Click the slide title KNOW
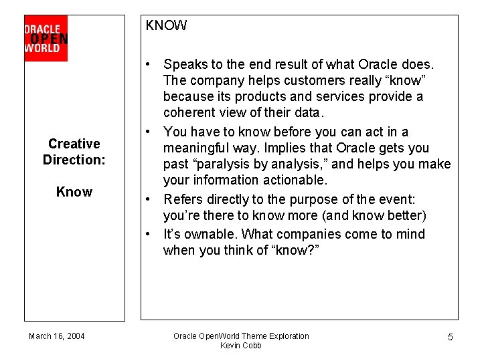pyautogui.click(x=167, y=26)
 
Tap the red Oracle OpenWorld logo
pyautogui.click(x=46, y=38)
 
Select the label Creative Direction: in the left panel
pyautogui.click(x=74, y=152)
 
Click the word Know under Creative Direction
pyautogui.click(x=74, y=192)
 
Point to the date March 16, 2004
pyautogui.click(x=57, y=336)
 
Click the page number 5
pyautogui.click(x=450, y=337)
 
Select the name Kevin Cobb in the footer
pyautogui.click(x=241, y=346)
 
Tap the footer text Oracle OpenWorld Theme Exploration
pyautogui.click(x=241, y=336)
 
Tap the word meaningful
pyautogui.click(x=200, y=148)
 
